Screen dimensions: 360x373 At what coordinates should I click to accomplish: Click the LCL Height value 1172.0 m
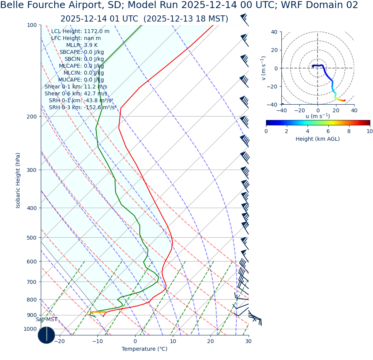pyautogui.click(x=97, y=32)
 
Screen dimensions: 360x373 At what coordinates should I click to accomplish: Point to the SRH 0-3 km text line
pyautogui.click(x=82, y=108)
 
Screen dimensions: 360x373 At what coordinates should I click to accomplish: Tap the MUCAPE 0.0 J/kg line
pyautogui.click(x=81, y=80)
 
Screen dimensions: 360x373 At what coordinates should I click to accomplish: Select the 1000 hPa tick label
pyautogui.click(x=30, y=329)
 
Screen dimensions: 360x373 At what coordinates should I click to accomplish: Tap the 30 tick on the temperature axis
pyautogui.click(x=248, y=341)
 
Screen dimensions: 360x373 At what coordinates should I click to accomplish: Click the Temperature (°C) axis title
pyautogui.click(x=144, y=349)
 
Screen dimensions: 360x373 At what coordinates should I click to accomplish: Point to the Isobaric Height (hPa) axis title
pyautogui.click(x=18, y=180)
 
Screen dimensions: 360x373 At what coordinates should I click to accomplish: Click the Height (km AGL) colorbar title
pyautogui.click(x=318, y=139)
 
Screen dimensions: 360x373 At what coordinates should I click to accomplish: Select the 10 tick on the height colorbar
pyautogui.click(x=370, y=131)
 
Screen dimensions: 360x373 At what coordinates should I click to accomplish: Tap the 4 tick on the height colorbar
pyautogui.click(x=308, y=131)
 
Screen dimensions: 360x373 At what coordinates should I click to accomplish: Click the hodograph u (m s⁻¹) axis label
pyautogui.click(x=318, y=116)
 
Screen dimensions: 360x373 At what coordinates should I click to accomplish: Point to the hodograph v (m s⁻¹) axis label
pyautogui.click(x=264, y=68)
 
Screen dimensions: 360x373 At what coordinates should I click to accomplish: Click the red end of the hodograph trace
pyautogui.click(x=344, y=100)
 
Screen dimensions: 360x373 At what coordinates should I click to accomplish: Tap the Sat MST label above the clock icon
pyautogui.click(x=47, y=320)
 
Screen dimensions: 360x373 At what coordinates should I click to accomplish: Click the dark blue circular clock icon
pyautogui.click(x=47, y=335)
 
